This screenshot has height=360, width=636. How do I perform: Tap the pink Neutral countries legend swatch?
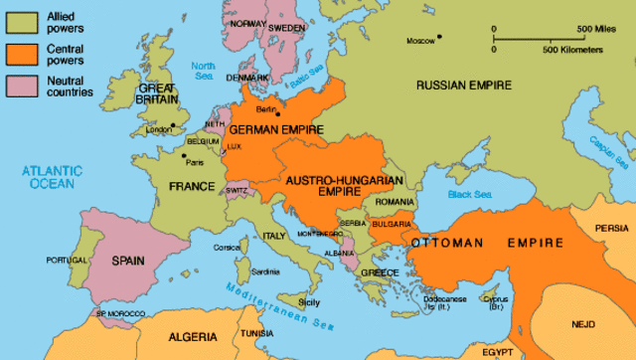coord(20,85)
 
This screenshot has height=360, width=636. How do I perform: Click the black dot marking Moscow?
coord(440,39)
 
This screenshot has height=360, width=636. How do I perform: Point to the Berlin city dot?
coord(278,114)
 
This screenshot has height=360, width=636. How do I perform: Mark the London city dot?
coord(172,125)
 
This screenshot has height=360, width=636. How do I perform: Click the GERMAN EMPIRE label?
coord(269,130)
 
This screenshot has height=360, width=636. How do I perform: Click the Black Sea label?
coord(466,194)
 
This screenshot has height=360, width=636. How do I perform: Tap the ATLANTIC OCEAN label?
coord(56,177)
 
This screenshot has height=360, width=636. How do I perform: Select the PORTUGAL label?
coord(67,260)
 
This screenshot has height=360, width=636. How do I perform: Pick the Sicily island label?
coord(309,301)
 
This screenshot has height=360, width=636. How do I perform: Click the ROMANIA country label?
coord(394,202)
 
